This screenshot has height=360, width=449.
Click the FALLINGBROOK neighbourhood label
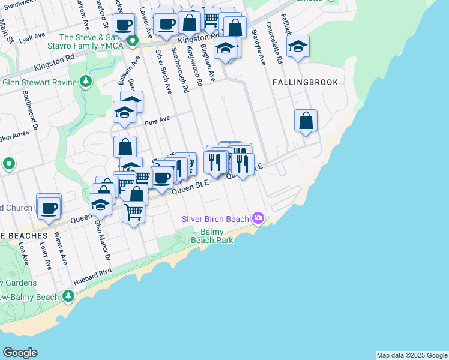click(305, 82)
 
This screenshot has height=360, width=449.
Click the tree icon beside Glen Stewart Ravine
click(86, 81)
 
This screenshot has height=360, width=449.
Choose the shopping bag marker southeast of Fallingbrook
click(306, 120)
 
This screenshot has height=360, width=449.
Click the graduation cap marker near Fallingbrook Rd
click(297, 46)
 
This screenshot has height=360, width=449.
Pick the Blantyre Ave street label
click(259, 47)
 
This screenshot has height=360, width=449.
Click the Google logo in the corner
click(20, 353)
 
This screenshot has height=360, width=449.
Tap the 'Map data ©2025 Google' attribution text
click(412, 355)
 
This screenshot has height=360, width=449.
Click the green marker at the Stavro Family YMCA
click(133, 41)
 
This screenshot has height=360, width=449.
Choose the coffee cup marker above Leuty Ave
click(49, 207)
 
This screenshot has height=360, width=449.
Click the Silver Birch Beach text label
click(215, 219)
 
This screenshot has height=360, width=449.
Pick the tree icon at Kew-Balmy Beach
click(68, 296)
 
